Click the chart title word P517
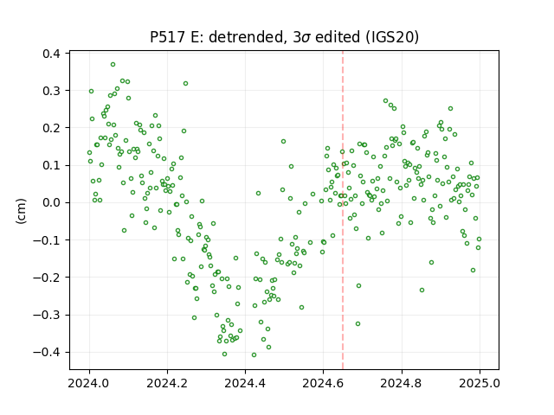click(168, 36)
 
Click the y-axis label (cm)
click(21, 211)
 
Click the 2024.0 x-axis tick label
click(89, 383)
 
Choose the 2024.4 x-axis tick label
click(245, 383)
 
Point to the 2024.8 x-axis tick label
click(402, 383)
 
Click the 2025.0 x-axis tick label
click(480, 383)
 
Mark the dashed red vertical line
click(343, 210)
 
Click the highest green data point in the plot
click(113, 65)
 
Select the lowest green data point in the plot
click(254, 355)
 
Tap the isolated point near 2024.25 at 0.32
click(185, 84)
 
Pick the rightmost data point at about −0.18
click(473, 271)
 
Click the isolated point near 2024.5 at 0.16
click(283, 142)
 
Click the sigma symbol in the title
click(306, 38)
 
